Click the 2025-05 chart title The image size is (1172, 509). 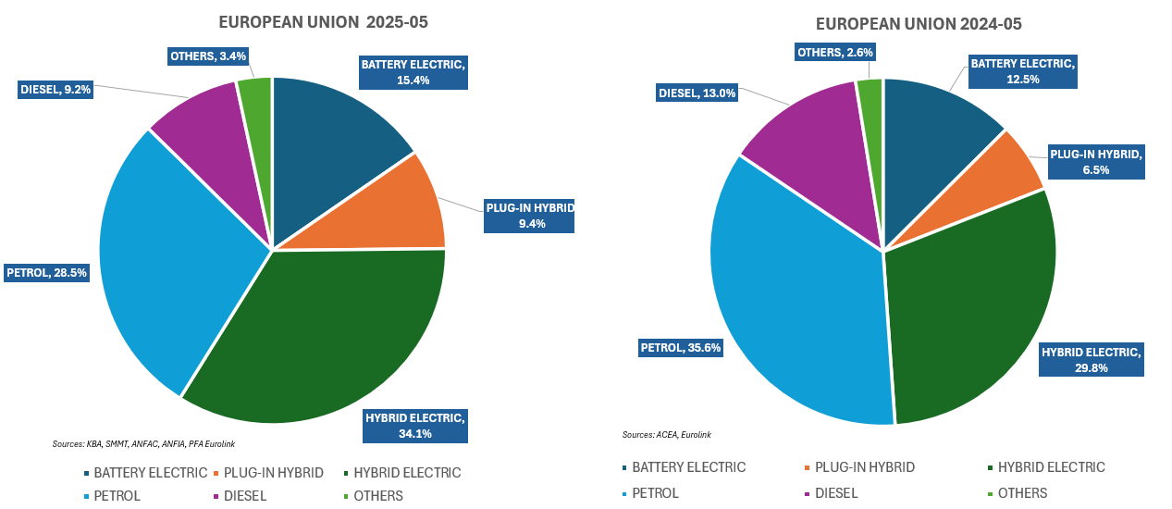(323, 21)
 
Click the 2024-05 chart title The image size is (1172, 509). (919, 23)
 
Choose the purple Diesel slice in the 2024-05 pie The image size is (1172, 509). (814, 157)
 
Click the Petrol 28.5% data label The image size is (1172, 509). (46, 273)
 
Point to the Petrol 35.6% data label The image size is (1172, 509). (681, 348)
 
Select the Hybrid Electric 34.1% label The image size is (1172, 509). (415, 425)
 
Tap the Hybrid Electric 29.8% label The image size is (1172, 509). (1092, 359)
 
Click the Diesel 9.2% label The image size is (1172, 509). (55, 90)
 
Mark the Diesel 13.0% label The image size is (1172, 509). (697, 93)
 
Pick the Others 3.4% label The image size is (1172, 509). (208, 56)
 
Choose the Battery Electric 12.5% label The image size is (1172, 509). (1022, 71)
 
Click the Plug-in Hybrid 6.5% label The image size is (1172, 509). (1096, 162)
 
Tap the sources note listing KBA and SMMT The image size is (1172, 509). (143, 444)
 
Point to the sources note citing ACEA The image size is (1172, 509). (666, 434)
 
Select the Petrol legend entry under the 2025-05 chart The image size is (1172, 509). (117, 495)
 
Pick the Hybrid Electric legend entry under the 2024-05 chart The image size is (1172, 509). (1051, 467)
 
